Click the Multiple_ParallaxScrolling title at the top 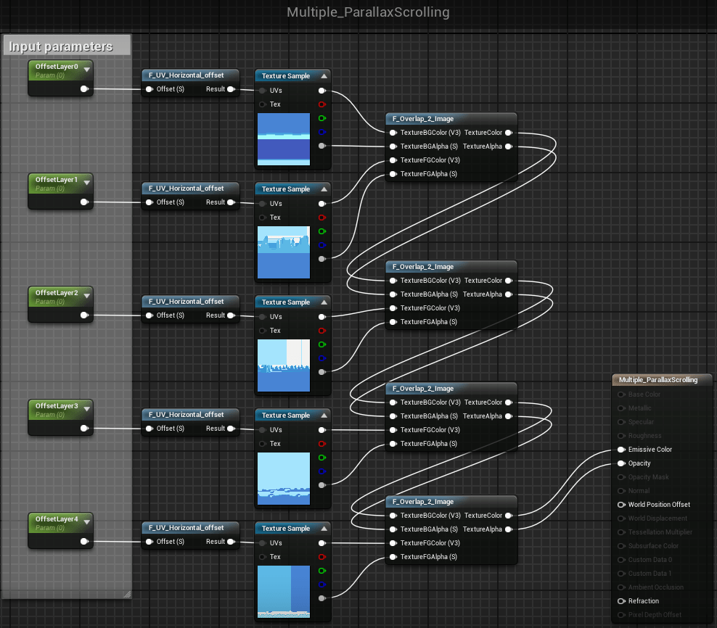click(x=368, y=12)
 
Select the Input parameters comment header click(x=61, y=46)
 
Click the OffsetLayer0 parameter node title click(x=57, y=67)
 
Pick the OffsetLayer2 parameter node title click(x=57, y=293)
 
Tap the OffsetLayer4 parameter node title click(x=57, y=519)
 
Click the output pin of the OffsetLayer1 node click(x=85, y=202)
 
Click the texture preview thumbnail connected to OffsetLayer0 click(x=283, y=139)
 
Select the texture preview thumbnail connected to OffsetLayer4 click(x=283, y=592)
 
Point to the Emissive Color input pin click(x=621, y=450)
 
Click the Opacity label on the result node click(x=639, y=463)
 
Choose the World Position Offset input click(x=621, y=505)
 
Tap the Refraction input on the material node click(x=621, y=601)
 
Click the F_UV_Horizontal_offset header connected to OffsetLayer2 click(x=187, y=302)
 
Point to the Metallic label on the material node click(x=640, y=408)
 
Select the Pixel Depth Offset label click(x=655, y=615)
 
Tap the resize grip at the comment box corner click(x=127, y=594)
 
